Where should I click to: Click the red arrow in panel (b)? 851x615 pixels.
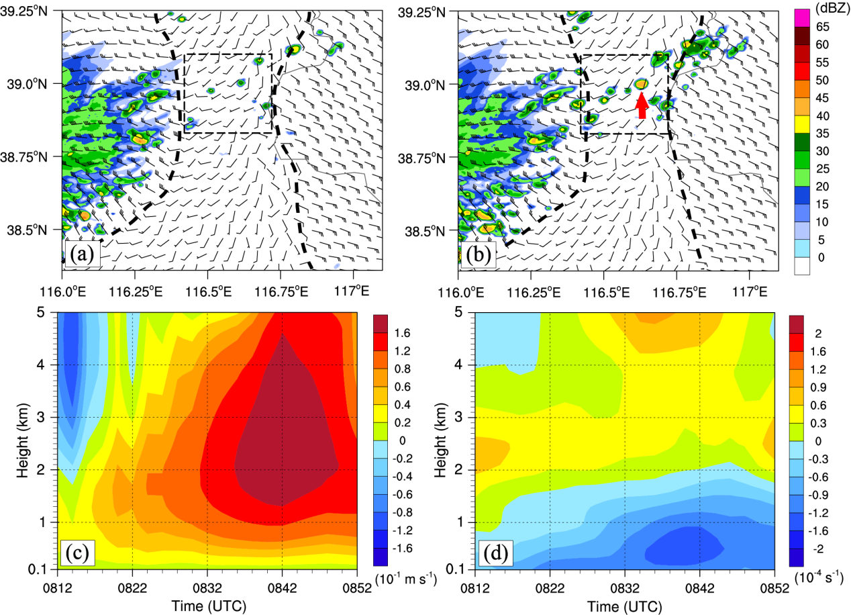pyautogui.click(x=642, y=105)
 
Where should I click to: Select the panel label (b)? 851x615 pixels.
pyautogui.click(x=478, y=256)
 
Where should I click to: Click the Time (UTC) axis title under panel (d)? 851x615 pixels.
pyautogui.click(x=625, y=604)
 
